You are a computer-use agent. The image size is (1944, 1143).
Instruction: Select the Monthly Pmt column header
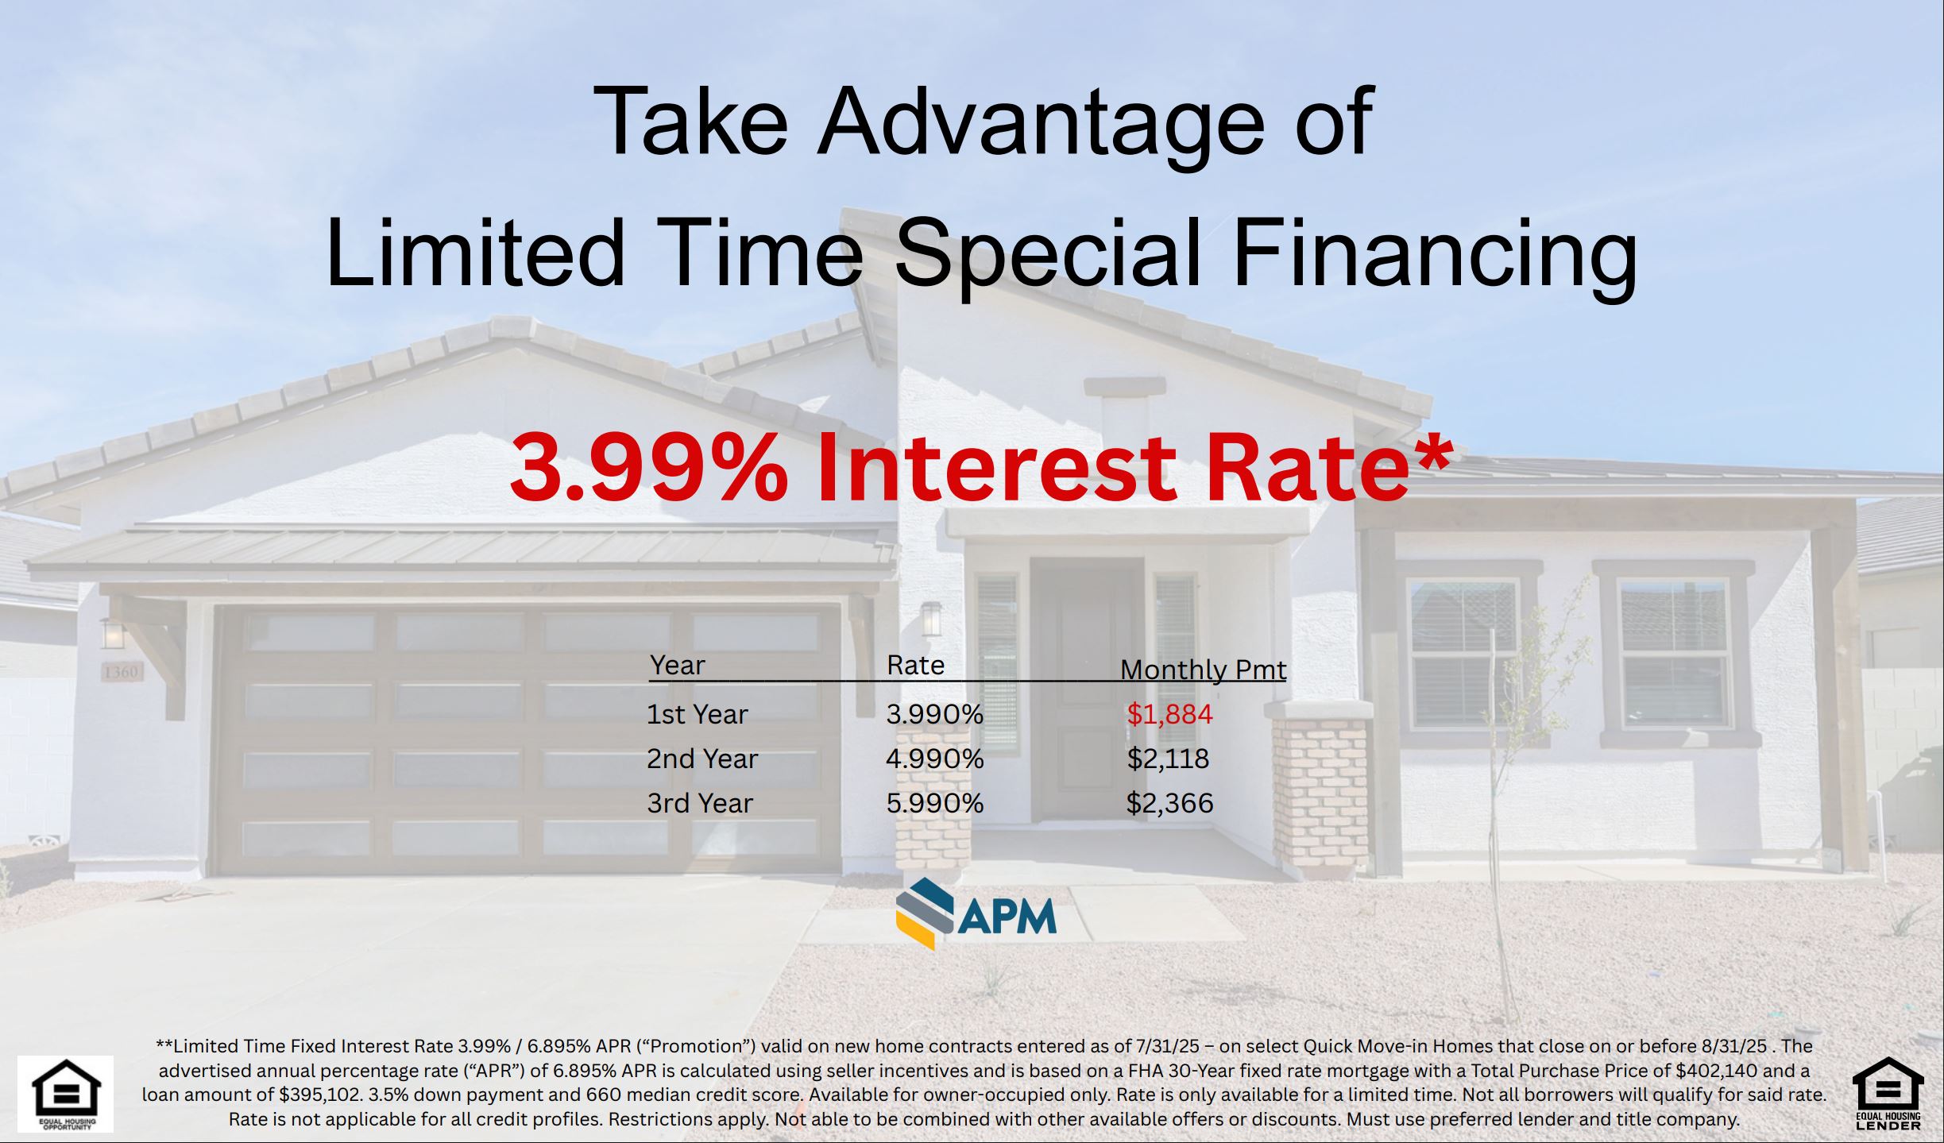tap(1203, 670)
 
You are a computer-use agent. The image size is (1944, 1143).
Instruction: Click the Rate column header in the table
tap(915, 665)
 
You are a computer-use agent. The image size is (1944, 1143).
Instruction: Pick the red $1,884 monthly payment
tap(1169, 714)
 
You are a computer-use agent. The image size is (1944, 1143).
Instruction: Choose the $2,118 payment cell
tap(1168, 759)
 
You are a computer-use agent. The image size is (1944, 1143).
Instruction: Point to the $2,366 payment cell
tap(1169, 803)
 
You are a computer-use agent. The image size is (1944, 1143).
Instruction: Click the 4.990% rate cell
tap(934, 759)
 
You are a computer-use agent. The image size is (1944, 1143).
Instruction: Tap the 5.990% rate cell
tap(934, 803)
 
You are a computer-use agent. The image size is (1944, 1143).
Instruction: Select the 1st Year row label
tap(697, 714)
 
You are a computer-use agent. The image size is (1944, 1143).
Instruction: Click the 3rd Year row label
tap(699, 803)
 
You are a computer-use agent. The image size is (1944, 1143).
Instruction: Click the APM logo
tap(976, 914)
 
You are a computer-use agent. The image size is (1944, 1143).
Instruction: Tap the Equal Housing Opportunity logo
tap(66, 1093)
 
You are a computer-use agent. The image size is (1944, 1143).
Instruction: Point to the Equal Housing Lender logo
tap(1888, 1093)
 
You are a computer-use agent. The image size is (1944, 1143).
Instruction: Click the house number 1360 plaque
tap(122, 672)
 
